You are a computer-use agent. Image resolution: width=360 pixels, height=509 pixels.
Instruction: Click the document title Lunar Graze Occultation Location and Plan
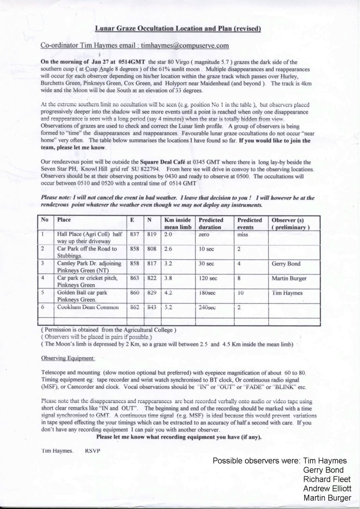(x=178, y=29)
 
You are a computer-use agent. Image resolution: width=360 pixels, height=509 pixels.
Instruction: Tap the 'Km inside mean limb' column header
(x=178, y=224)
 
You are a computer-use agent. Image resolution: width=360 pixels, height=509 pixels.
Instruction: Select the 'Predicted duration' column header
(x=211, y=224)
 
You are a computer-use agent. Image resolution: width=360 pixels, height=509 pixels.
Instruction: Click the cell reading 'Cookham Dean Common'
(x=88, y=307)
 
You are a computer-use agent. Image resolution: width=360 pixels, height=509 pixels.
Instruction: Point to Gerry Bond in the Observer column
(x=286, y=264)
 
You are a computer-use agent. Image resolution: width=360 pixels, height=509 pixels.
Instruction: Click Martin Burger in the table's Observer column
(x=289, y=278)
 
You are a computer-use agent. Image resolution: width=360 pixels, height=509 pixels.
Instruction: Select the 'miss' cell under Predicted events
(x=242, y=235)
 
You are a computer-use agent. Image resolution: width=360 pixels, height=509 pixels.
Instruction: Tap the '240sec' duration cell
(x=207, y=307)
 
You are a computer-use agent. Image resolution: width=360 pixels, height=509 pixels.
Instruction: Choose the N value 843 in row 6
(x=152, y=307)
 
